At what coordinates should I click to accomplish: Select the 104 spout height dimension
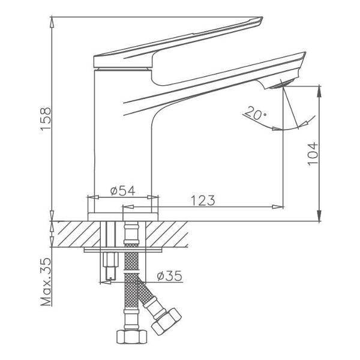(313, 154)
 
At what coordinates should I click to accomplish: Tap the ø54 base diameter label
(123, 191)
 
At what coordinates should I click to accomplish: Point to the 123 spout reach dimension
(203, 200)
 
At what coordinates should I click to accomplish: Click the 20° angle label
(255, 113)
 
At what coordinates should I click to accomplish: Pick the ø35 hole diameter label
(169, 276)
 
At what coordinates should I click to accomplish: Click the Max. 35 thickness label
(46, 282)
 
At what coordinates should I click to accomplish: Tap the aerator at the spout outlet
(282, 84)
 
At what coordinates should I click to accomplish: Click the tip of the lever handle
(262, 17)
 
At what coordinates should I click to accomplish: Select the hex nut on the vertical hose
(131, 337)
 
